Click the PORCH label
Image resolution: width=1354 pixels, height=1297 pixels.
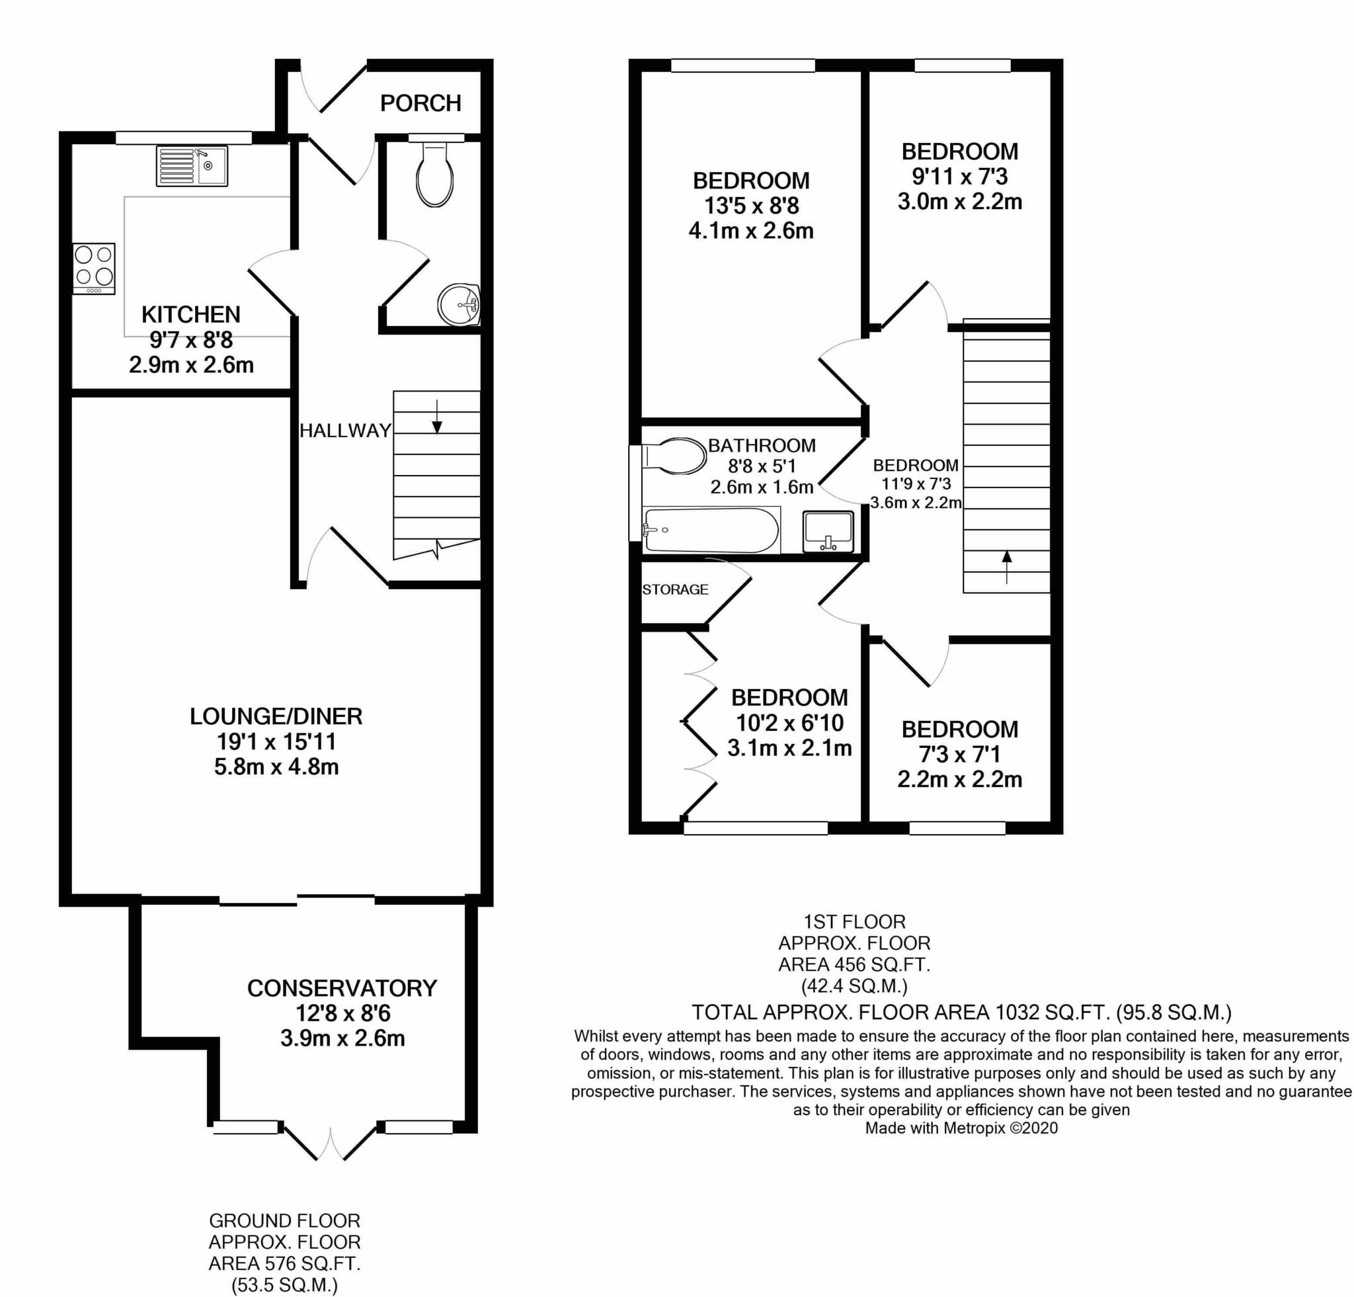pos(420,103)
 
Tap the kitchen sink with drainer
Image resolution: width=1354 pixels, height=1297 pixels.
pos(191,166)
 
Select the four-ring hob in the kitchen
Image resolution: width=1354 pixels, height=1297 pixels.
pos(94,269)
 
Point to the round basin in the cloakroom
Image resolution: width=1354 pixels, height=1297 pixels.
pos(459,304)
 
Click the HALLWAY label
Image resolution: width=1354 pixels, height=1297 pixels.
pos(345,431)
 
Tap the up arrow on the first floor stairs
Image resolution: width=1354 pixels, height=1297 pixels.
pos(1006,566)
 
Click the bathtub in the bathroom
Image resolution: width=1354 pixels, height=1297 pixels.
pos(711,530)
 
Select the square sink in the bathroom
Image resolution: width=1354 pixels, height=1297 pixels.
pos(828,530)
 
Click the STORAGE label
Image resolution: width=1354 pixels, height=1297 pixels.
pos(675,589)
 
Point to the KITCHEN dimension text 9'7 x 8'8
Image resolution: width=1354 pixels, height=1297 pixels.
pos(191,340)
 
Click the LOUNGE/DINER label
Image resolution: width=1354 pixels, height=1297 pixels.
pos(276,716)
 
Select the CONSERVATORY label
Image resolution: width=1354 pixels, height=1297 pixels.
pos(342,988)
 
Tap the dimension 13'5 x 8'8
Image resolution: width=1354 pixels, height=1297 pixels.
pos(751,205)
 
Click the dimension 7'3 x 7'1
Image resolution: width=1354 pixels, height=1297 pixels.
pos(959,754)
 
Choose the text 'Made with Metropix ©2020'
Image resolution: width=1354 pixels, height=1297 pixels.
pos(961,1128)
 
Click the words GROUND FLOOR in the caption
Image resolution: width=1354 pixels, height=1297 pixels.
pos(284,1221)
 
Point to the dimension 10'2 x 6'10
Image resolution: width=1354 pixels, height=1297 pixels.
pos(789,723)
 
